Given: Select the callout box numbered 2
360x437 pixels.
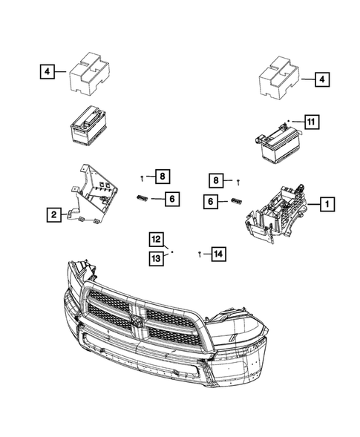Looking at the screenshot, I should pos(53,215).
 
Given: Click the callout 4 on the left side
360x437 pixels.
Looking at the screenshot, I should pos(47,72).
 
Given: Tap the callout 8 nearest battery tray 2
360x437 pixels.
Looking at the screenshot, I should pos(163,176).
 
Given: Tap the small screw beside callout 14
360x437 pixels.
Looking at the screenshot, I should pos(200,254).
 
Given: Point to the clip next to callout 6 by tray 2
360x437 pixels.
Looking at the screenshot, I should pos(143,197).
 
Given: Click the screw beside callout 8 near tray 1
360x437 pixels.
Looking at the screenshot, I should pos(238,181).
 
